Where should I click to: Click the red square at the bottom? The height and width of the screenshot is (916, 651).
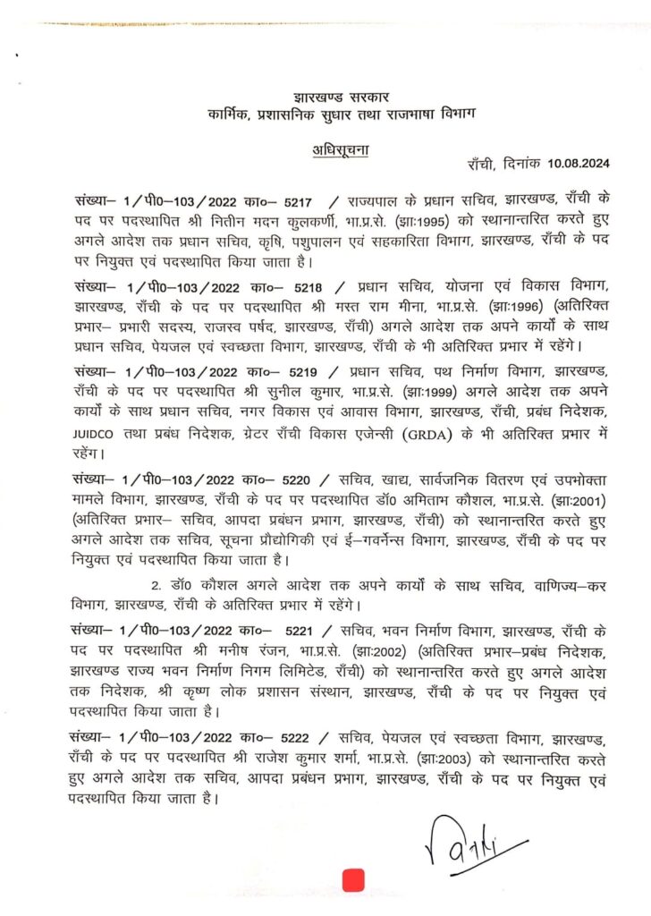tap(355, 878)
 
